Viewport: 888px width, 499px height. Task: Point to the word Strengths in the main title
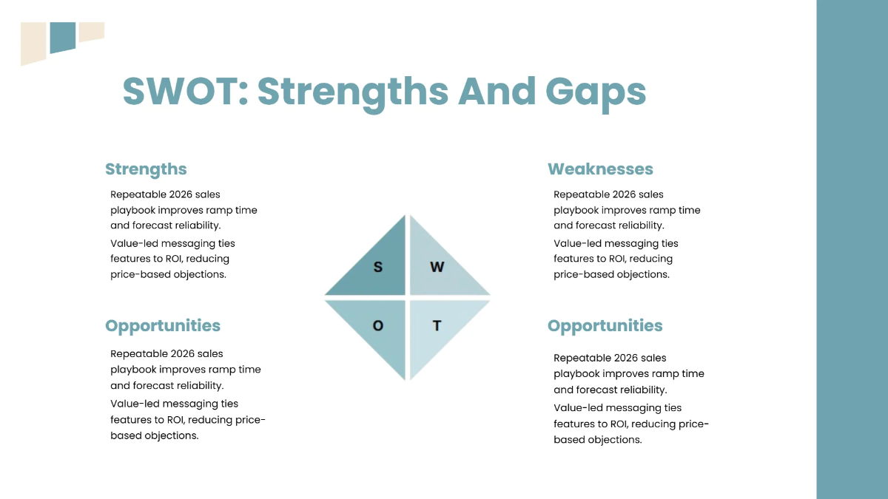(x=353, y=92)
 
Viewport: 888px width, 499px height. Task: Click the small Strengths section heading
(x=146, y=169)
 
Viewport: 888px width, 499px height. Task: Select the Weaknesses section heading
(x=600, y=169)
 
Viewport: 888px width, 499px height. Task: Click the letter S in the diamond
(x=378, y=267)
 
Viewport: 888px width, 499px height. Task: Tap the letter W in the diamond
(x=437, y=267)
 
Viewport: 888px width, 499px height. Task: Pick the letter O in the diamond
(x=378, y=325)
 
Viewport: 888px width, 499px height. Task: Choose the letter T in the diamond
(x=437, y=325)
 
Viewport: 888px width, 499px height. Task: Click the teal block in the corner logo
(x=63, y=37)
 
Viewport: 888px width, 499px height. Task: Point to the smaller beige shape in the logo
(x=92, y=31)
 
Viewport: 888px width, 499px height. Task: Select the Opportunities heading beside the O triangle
(x=163, y=326)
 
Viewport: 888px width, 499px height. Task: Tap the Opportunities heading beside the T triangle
(x=605, y=326)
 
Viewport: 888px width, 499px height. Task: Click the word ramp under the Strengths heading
(x=221, y=210)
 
